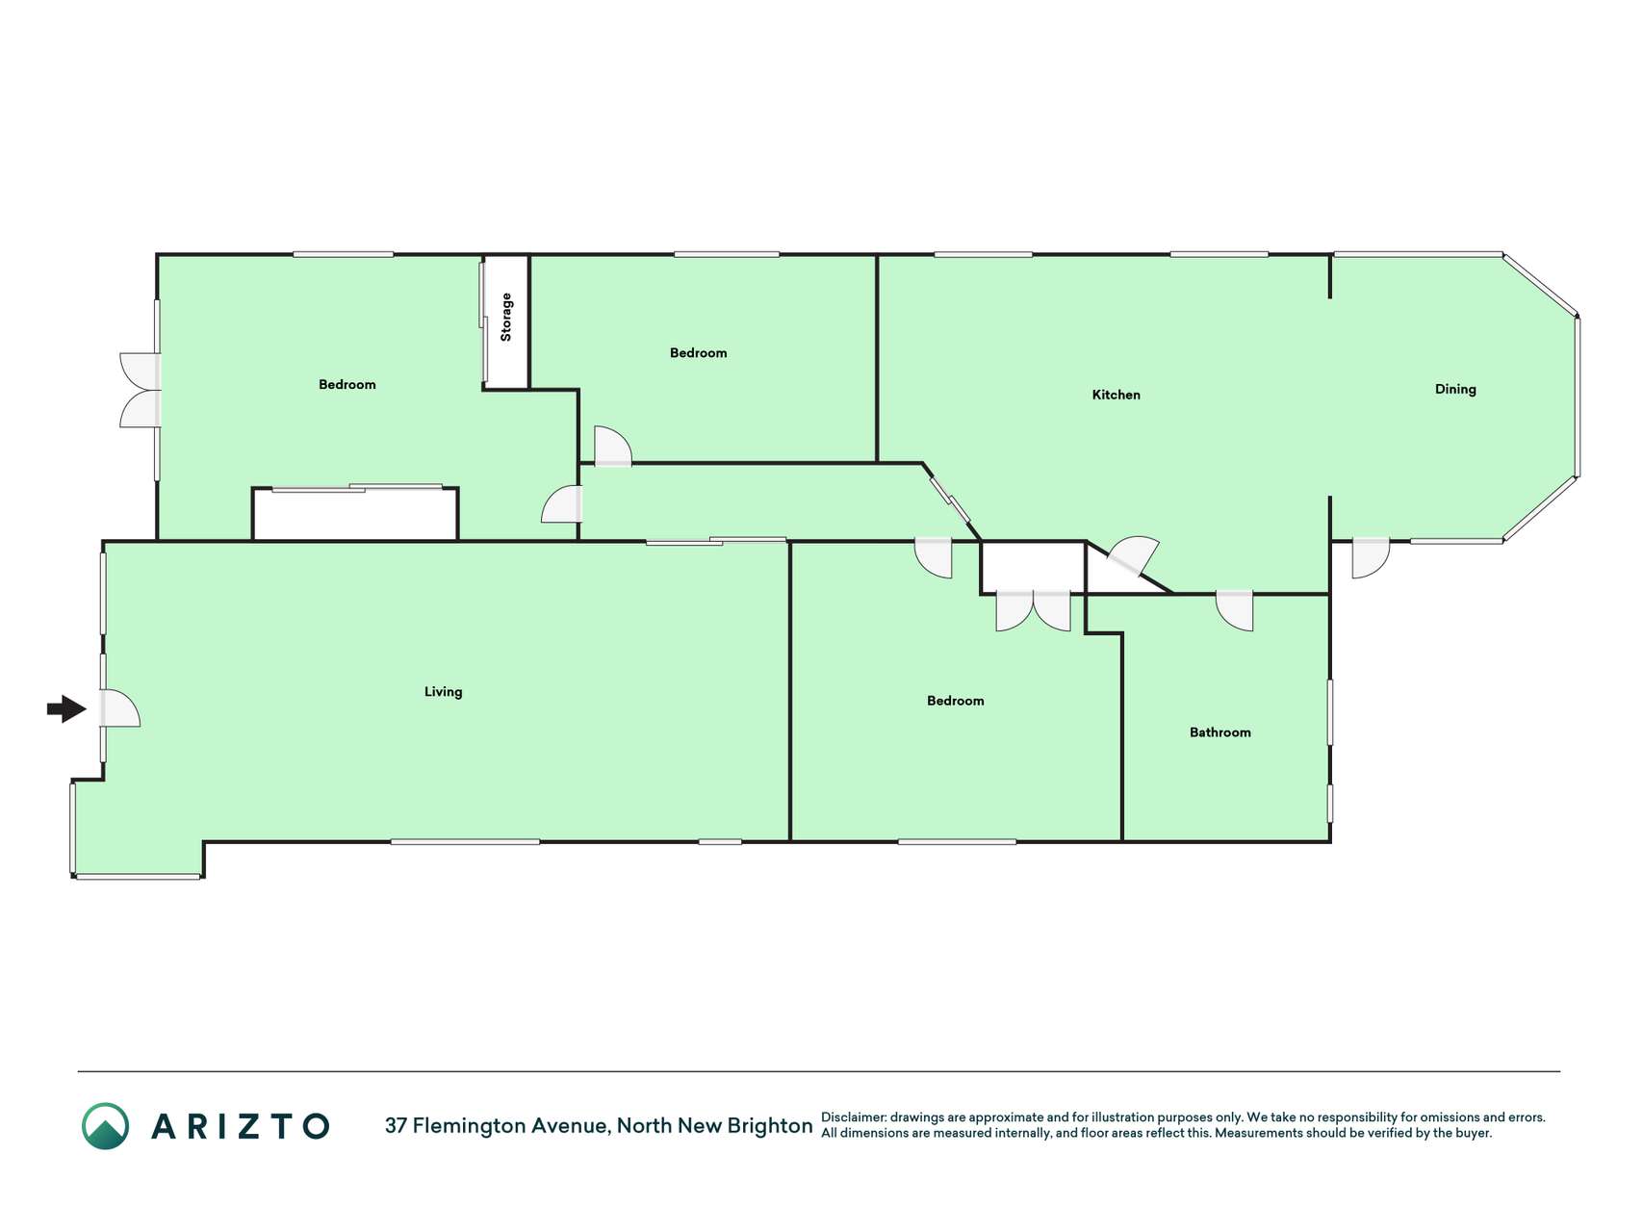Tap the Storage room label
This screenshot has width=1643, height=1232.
point(506,318)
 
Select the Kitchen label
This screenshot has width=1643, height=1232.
point(1116,395)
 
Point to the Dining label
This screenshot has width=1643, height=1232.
point(1454,389)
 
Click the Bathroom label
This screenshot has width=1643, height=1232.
point(1219,732)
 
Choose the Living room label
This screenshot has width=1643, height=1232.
point(443,692)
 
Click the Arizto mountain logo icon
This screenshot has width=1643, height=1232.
point(105,1125)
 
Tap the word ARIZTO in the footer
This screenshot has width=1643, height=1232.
point(241,1126)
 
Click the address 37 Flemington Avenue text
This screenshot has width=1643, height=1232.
point(497,1125)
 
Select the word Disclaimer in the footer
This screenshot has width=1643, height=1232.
point(853,1117)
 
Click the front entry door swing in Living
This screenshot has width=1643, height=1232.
point(120,708)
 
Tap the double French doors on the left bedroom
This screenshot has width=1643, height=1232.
point(140,390)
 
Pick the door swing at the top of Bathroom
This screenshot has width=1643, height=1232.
point(1235,611)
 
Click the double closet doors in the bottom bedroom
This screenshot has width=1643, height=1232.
point(1033,611)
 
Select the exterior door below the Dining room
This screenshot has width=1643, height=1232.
point(1371,558)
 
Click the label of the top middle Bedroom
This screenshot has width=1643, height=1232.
point(698,353)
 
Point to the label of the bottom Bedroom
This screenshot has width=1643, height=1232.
point(955,701)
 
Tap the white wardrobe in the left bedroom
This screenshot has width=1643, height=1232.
point(355,515)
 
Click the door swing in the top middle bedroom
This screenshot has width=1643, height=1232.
point(613,446)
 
